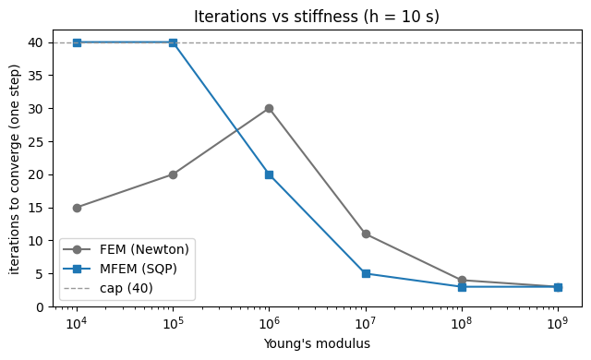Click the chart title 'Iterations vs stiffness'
point(276,17)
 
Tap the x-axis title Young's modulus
point(317,343)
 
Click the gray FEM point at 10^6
point(269,109)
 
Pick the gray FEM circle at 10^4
point(77,208)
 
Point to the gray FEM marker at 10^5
point(173,174)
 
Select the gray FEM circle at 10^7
point(366,234)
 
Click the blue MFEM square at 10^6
point(269,174)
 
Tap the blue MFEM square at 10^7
point(366,274)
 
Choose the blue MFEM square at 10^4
point(77,43)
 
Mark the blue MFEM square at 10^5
point(173,43)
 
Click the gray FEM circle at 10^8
point(462,281)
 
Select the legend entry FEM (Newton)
point(144,249)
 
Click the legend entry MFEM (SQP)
point(138,269)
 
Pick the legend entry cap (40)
point(126,288)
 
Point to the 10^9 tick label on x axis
point(558,323)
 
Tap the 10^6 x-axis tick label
point(269,323)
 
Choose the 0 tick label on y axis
point(40,307)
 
